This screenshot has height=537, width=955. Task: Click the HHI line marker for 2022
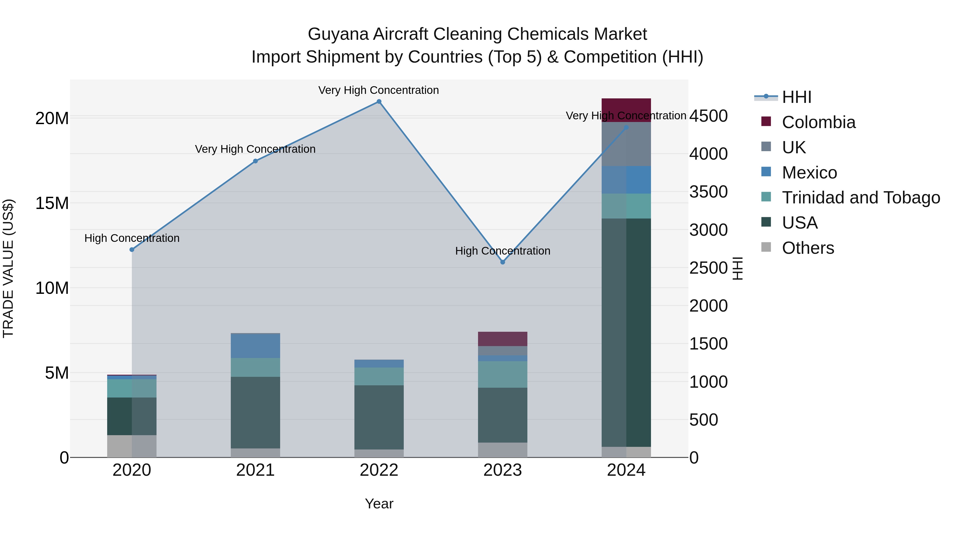[x=379, y=102]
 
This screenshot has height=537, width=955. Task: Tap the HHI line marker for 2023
[x=503, y=262]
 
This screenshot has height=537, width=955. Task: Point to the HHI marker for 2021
[x=255, y=161]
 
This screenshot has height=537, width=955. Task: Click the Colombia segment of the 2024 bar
[x=626, y=110]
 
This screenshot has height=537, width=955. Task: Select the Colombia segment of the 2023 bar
[x=502, y=339]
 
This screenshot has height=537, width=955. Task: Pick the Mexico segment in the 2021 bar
[x=255, y=346]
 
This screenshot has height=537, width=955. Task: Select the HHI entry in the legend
[x=796, y=97]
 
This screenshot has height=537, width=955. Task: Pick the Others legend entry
[x=808, y=248]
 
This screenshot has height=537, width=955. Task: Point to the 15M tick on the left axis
[x=52, y=203]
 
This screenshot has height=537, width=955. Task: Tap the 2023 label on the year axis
[x=502, y=470]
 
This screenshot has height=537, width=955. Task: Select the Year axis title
[x=379, y=504]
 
